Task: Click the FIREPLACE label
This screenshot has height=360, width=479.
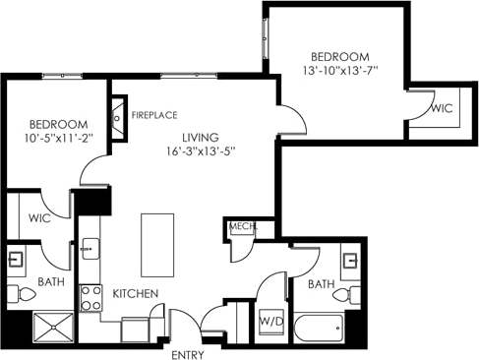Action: (155, 114)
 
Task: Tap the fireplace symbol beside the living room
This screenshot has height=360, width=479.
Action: (120, 108)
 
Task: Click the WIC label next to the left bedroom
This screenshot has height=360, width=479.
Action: (39, 216)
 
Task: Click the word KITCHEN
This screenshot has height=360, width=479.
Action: (136, 293)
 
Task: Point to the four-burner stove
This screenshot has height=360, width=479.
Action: (90, 297)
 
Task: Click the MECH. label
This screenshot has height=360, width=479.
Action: (243, 227)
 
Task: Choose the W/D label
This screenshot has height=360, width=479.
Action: (270, 320)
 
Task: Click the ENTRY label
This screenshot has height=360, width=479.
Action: (189, 353)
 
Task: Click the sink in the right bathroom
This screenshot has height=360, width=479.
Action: (349, 263)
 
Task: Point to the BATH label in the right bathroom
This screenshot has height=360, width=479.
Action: (320, 284)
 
